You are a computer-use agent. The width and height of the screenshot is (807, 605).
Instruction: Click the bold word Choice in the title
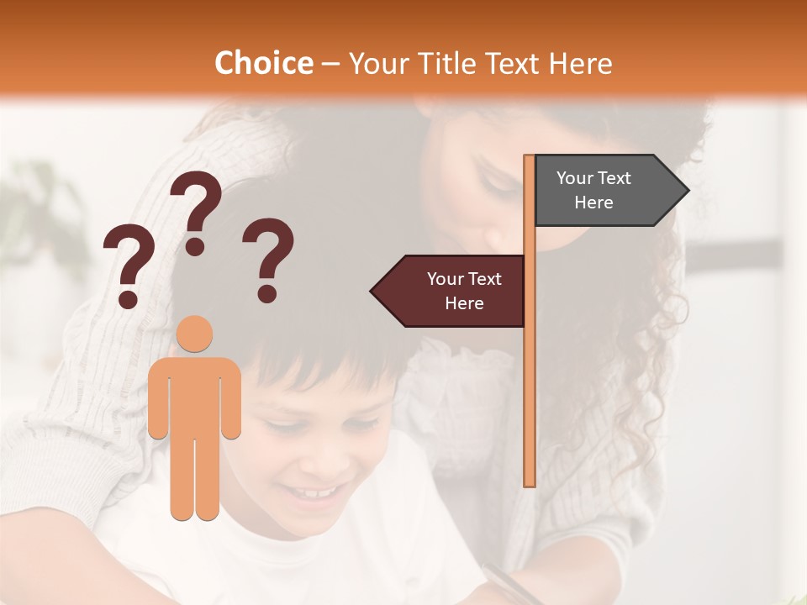(263, 64)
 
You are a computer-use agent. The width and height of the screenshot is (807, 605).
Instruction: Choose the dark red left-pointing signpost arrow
(450, 291)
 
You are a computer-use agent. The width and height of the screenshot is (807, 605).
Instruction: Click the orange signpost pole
(530, 378)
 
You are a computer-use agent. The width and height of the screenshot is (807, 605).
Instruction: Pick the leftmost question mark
(128, 260)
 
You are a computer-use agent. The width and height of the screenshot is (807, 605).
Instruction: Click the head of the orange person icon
(194, 334)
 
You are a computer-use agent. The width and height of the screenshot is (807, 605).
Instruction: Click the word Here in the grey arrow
(593, 203)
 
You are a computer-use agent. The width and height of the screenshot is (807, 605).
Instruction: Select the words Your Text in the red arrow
(464, 279)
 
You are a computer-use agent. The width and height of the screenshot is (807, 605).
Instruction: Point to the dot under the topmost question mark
(196, 246)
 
